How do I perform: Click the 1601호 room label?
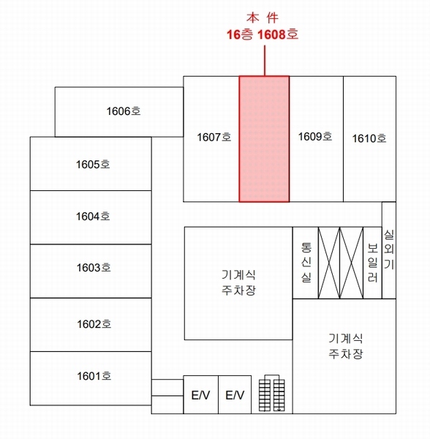point(94,376)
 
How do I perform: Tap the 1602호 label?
point(94,324)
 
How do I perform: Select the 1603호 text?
point(94,268)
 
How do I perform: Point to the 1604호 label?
point(93,217)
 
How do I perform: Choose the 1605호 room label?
point(93,165)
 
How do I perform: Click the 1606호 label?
point(124,111)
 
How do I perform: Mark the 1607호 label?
point(214,138)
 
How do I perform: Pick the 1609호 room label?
point(315,137)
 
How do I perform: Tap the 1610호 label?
point(369,138)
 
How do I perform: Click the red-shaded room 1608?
point(264,139)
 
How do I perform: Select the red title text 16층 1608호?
point(263,34)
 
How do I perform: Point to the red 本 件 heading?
point(263,18)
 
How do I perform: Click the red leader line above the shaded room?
point(265,61)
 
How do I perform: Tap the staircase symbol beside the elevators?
point(271,393)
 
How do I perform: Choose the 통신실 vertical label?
point(306,263)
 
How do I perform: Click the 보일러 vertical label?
point(373,263)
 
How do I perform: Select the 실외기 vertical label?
point(389,249)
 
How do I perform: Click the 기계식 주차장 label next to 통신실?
point(238,282)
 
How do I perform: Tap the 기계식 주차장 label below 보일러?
point(346,346)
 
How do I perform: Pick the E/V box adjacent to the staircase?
point(235,395)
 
